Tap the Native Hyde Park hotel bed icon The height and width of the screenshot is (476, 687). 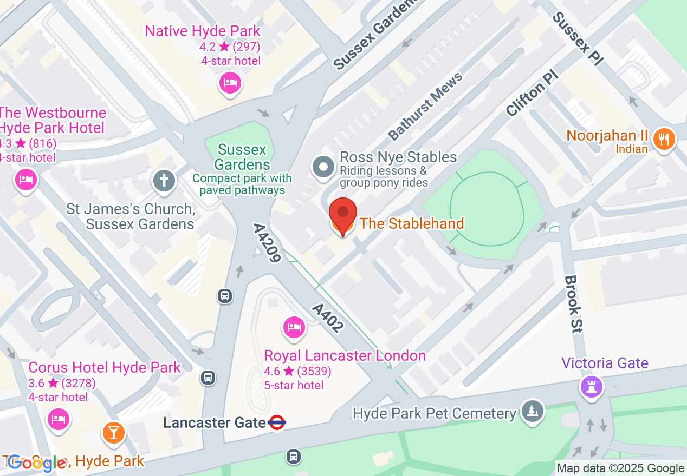[230, 83]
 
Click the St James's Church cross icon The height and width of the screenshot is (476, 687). [164, 180]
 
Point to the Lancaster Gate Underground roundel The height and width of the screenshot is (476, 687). [277, 422]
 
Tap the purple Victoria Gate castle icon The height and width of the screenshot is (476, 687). [591, 386]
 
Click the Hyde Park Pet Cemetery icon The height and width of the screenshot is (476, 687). [532, 412]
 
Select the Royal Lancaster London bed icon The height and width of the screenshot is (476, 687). [294, 327]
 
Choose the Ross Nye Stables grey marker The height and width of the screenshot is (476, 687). [323, 167]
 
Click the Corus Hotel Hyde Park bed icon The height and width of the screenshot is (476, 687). [59, 419]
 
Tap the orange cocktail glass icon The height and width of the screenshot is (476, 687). [114, 432]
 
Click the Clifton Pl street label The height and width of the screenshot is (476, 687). [532, 92]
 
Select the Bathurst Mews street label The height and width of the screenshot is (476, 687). [425, 105]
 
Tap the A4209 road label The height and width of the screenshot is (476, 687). [267, 243]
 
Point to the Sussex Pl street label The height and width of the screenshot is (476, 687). [578, 39]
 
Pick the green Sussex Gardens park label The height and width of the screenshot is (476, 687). [242, 156]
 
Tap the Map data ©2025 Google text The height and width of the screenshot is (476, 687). [620, 468]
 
